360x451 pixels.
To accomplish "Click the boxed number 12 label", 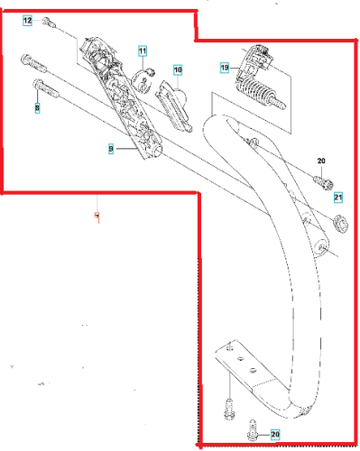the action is tap(27, 21).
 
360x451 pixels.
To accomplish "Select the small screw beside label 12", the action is tap(50, 23).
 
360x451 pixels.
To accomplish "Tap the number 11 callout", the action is tap(143, 51).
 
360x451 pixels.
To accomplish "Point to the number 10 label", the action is tap(178, 69).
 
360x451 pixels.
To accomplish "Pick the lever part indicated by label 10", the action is tap(174, 106).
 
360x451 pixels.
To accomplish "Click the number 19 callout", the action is tap(225, 68).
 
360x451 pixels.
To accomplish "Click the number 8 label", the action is tap(37, 107).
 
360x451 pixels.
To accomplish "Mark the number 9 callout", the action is tap(111, 149).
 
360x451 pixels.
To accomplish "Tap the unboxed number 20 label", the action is tap(321, 161).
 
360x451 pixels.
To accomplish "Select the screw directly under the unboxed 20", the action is tap(323, 182).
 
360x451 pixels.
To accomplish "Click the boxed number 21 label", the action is tap(338, 198).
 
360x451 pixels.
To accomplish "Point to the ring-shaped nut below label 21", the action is tap(341, 224).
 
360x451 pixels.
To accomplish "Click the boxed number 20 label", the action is tap(275, 434).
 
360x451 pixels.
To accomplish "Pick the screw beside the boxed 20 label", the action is tap(254, 431).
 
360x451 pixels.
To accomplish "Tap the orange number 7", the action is tap(97, 216).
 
